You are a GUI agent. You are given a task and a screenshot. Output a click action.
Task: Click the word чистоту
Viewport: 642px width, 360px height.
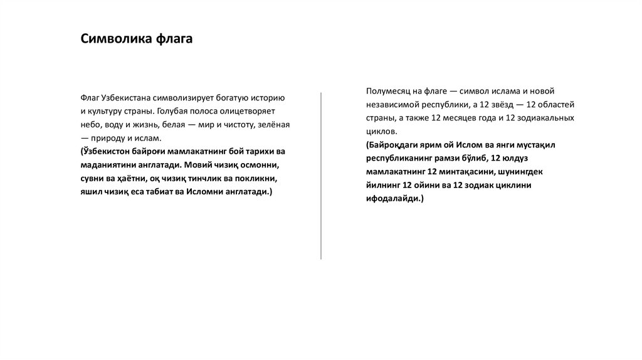(234, 125)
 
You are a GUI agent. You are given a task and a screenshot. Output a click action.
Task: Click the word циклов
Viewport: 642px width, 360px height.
(382, 131)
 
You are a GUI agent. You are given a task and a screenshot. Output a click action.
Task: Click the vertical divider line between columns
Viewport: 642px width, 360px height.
(321, 176)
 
